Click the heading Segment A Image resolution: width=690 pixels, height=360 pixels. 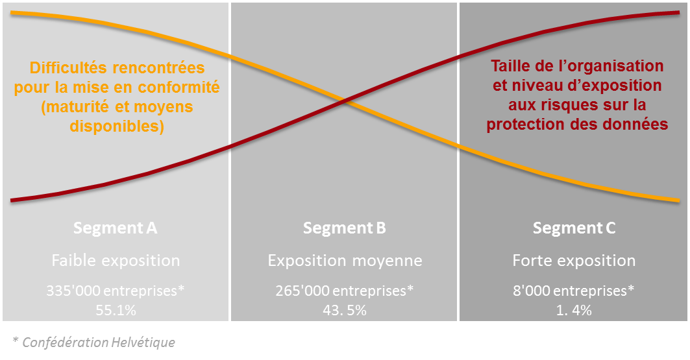(x=116, y=228)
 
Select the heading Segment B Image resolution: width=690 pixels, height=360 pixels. (x=345, y=228)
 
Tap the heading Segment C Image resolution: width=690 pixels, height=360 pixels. (x=574, y=228)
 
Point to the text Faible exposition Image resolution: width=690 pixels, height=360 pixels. (x=116, y=261)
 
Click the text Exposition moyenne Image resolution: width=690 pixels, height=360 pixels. (x=345, y=261)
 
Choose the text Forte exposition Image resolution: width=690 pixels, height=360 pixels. (x=574, y=261)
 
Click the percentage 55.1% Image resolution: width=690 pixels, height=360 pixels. (x=116, y=310)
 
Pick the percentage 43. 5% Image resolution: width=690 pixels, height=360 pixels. (x=345, y=310)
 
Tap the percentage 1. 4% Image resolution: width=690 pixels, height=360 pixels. (x=574, y=310)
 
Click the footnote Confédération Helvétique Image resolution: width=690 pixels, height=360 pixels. (x=99, y=342)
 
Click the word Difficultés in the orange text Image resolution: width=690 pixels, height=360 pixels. (x=68, y=67)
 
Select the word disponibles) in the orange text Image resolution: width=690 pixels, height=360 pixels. (x=117, y=126)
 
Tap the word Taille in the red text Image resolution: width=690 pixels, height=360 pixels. (x=511, y=66)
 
